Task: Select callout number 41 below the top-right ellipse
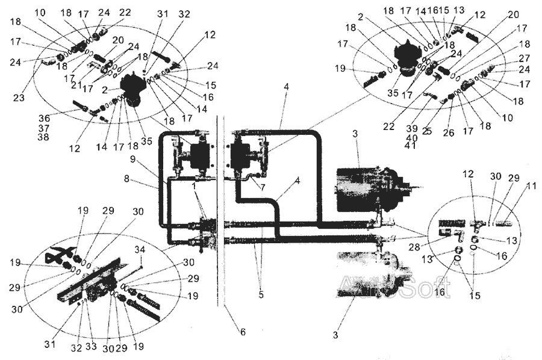412,145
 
